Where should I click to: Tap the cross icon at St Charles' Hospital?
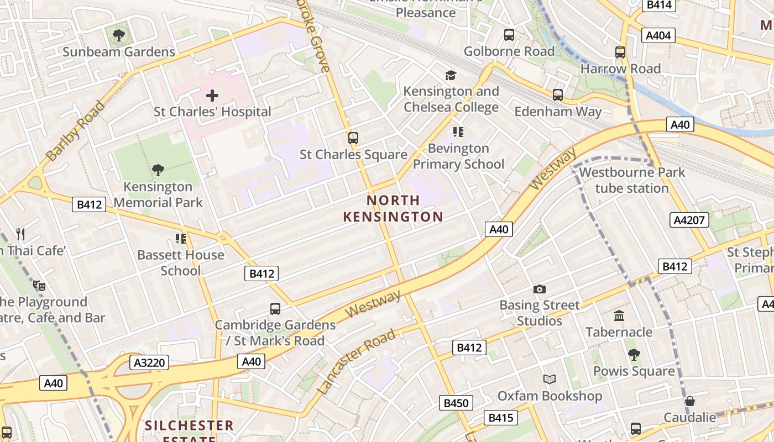point(212,96)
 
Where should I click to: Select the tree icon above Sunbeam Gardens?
point(118,36)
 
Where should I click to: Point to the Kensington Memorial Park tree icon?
point(158,170)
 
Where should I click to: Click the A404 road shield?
point(658,36)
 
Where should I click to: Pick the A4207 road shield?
point(689,220)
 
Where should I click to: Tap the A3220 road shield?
point(149,362)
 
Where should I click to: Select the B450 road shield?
point(456,403)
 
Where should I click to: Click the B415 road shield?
point(500,418)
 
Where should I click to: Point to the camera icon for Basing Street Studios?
point(539,289)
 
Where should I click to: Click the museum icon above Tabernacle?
point(619,316)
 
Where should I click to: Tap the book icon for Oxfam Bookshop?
point(549,380)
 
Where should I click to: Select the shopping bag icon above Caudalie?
point(689,401)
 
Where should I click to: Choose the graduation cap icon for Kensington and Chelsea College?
point(451,75)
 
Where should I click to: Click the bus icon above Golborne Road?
point(509,35)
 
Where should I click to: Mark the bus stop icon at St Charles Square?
point(353,138)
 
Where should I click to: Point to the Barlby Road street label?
point(76,131)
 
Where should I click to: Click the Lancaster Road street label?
point(357,362)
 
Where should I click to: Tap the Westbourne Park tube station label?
point(632,180)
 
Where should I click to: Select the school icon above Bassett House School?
point(180,239)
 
